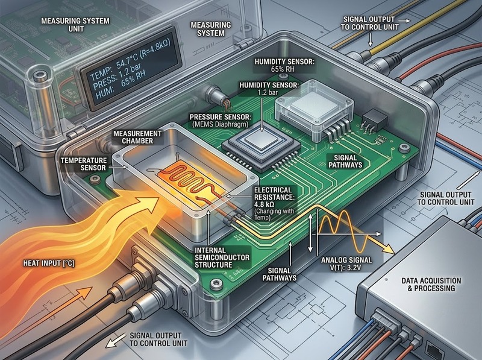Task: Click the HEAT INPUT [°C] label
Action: click(x=49, y=264)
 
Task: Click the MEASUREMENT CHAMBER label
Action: click(x=137, y=137)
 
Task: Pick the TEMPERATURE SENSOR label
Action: click(x=84, y=164)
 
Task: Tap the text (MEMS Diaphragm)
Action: click(x=221, y=125)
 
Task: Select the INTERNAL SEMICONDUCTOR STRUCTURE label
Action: click(x=222, y=257)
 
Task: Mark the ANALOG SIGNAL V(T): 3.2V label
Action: click(x=346, y=264)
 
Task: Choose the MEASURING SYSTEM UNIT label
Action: click(x=75, y=25)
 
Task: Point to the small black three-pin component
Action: click(x=374, y=119)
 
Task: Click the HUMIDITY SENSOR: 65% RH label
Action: click(x=284, y=66)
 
